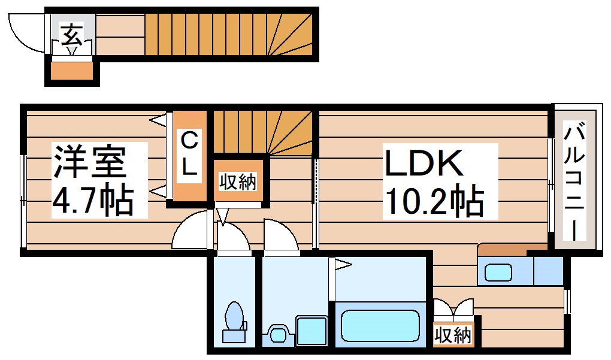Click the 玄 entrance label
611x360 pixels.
pos(71,34)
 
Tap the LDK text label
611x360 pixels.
pos(424,163)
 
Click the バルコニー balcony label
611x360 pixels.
pos(576,180)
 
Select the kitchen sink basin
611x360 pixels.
pos(498,273)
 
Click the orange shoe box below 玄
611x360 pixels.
pos(71,71)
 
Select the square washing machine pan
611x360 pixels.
pos(310,330)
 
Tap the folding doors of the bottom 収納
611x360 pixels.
pos(453,310)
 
